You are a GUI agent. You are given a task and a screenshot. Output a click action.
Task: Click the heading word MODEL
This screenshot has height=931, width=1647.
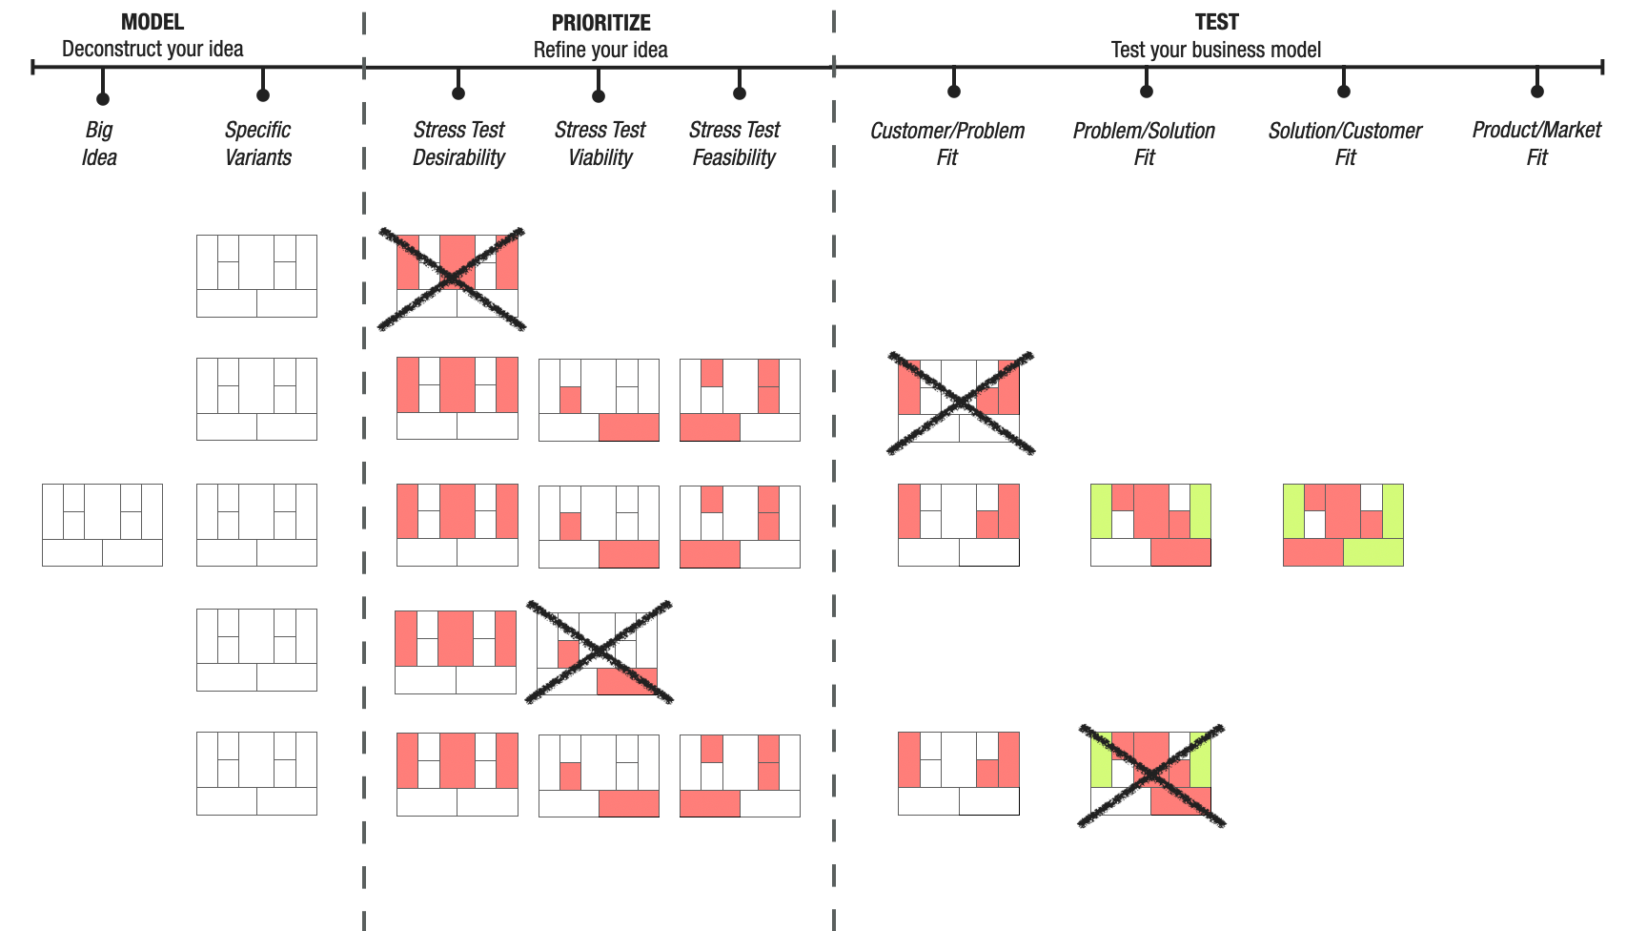152,22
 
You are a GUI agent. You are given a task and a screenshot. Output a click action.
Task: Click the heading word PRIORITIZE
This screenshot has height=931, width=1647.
600,23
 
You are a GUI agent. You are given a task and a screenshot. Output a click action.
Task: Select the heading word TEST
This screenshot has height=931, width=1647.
1216,22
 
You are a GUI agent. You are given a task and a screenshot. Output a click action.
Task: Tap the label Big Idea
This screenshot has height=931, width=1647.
99,143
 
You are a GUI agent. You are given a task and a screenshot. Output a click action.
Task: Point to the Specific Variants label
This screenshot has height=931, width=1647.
257,143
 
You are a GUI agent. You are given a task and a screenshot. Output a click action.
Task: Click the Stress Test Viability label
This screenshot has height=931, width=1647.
600,143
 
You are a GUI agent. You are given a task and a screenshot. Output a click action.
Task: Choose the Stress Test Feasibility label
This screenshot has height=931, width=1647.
734,143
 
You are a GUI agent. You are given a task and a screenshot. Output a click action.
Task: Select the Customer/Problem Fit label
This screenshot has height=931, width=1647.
946,143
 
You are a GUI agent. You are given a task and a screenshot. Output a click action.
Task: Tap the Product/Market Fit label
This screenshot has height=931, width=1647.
1536,143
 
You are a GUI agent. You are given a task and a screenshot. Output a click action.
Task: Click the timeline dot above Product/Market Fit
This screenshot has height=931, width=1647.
1536,92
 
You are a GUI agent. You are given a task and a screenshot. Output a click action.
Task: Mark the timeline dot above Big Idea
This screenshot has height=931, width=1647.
103,99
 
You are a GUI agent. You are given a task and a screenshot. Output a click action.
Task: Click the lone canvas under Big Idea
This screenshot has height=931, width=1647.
102,525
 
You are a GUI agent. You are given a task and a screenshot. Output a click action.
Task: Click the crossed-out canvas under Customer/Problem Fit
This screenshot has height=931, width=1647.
959,401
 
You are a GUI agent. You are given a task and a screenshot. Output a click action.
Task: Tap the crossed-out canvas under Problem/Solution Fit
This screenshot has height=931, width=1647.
1150,774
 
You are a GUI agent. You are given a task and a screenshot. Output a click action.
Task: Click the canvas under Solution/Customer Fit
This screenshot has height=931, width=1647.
1343,525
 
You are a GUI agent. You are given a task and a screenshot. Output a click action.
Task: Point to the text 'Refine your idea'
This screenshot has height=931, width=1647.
600,50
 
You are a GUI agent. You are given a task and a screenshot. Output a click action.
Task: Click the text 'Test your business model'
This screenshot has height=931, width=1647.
1216,50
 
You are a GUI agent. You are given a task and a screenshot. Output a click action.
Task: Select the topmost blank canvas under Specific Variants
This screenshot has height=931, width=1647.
256,276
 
